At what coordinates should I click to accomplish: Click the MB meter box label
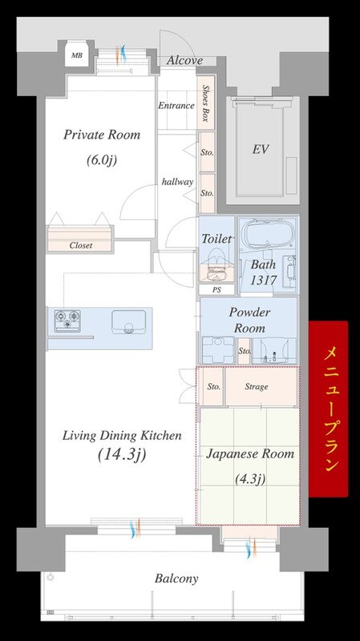coord(76,54)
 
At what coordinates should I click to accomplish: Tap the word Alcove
coord(184,61)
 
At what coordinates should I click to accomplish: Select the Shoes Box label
coord(206,103)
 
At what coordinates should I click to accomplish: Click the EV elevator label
coord(261,149)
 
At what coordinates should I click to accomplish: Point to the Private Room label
coord(102,135)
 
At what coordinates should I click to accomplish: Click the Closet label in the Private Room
coord(81,246)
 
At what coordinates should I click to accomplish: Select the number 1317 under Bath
coord(265,280)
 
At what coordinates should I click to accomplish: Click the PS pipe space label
coord(216,289)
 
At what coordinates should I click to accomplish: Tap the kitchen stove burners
coord(67,320)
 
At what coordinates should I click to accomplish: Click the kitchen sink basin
coord(129,322)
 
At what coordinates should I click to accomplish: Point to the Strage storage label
coord(257,387)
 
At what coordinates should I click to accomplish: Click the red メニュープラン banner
coord(329,409)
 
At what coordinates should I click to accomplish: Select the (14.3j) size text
coord(122,454)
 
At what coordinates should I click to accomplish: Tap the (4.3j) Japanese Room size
coord(250,478)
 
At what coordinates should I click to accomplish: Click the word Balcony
coord(176,579)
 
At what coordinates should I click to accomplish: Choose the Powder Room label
coord(249,320)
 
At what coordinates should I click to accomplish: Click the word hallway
coord(177,182)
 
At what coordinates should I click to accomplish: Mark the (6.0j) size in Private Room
coord(102,159)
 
